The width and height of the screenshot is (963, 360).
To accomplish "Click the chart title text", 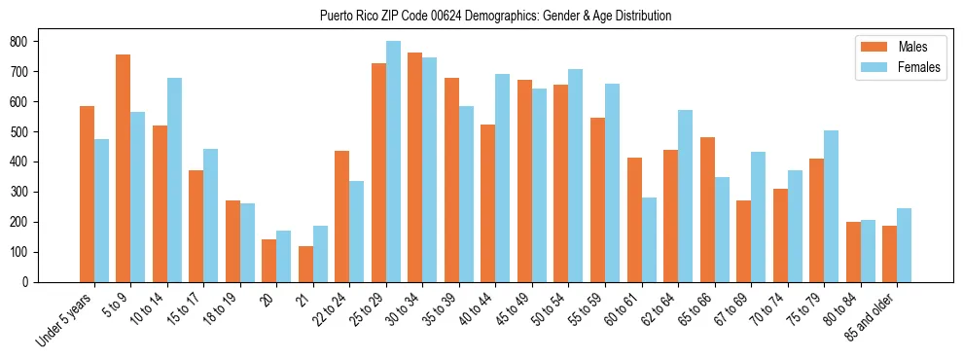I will click(x=495, y=16).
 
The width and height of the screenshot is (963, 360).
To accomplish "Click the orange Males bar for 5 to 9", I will click(x=124, y=168).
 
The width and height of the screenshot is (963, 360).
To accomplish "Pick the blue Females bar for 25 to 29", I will click(x=393, y=162).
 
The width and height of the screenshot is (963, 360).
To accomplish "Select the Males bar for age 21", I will click(x=305, y=264).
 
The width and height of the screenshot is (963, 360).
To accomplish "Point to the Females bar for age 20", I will click(x=284, y=256).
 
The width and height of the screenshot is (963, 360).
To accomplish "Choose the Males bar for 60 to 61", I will click(x=634, y=220).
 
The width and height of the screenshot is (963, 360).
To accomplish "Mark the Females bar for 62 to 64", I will click(x=685, y=196).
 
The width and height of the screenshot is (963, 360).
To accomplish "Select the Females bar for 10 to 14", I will click(x=174, y=180).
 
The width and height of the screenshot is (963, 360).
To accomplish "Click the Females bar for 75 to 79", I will click(x=831, y=206).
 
